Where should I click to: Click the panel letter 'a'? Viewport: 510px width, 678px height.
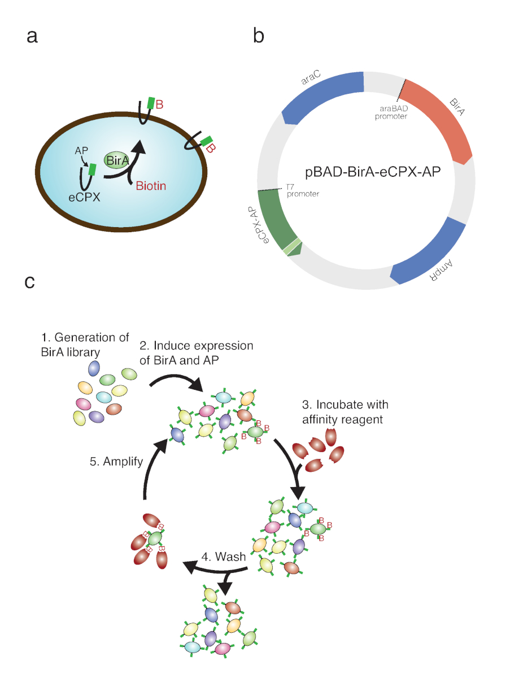click(32, 37)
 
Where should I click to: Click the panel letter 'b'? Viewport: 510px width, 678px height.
click(259, 35)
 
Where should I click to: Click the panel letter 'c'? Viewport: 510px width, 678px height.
click(29, 282)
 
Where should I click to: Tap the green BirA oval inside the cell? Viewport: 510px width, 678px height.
click(117, 160)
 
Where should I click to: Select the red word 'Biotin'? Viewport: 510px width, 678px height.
click(151, 186)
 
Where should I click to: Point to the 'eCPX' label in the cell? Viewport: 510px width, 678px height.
click(84, 197)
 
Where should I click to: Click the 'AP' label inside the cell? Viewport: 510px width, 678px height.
click(81, 150)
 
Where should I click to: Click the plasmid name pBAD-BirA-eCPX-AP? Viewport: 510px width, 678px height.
click(373, 172)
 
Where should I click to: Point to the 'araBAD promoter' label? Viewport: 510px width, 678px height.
click(391, 112)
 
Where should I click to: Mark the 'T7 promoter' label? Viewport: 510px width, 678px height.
click(303, 190)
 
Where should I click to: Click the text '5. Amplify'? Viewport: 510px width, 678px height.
click(116, 462)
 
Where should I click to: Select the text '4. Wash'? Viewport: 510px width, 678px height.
click(224, 557)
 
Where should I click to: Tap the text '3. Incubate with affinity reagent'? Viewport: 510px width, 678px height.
click(345, 412)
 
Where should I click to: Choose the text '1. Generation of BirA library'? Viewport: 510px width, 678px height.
click(85, 345)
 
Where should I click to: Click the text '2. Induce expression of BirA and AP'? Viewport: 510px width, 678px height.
click(197, 353)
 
